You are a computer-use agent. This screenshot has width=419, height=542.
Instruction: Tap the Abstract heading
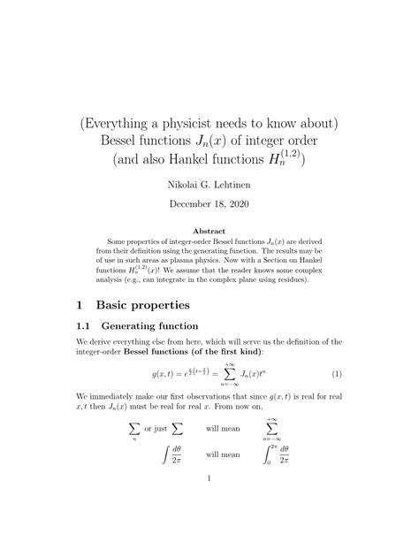pos(209,233)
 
